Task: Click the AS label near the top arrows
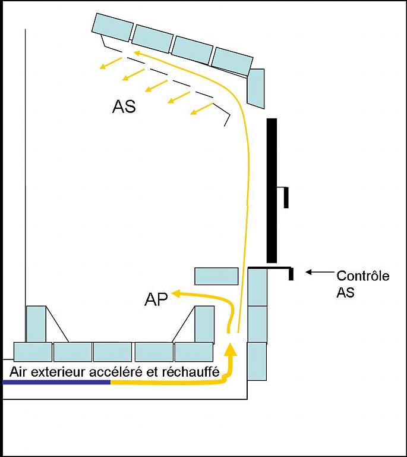tap(124, 107)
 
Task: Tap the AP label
tap(156, 299)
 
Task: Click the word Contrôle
tap(362, 276)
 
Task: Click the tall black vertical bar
tap(272, 190)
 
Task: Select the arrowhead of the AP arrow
tap(176, 292)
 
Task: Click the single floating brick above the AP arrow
tap(216, 276)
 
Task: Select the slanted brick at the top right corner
tap(255, 87)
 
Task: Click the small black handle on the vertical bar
tap(285, 196)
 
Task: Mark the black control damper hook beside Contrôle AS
tap(291, 273)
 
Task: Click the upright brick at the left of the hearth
tap(36, 324)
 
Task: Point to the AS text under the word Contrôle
tap(345, 293)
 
